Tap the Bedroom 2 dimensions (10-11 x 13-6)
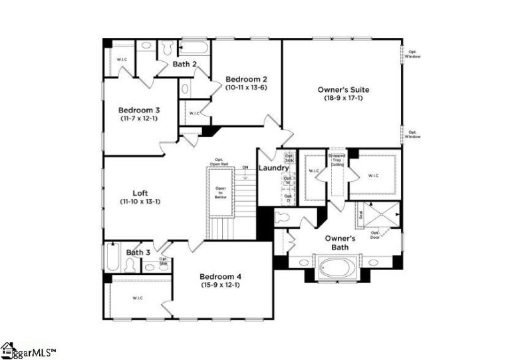click(x=245, y=87)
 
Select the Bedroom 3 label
click(x=139, y=110)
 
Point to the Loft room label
click(x=140, y=193)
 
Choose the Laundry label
click(x=273, y=168)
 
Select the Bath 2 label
click(x=185, y=65)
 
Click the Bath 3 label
click(x=138, y=252)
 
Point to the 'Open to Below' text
click(x=220, y=192)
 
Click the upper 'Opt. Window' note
click(x=414, y=54)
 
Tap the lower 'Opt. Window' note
click(x=414, y=134)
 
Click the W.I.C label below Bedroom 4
click(x=138, y=297)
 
